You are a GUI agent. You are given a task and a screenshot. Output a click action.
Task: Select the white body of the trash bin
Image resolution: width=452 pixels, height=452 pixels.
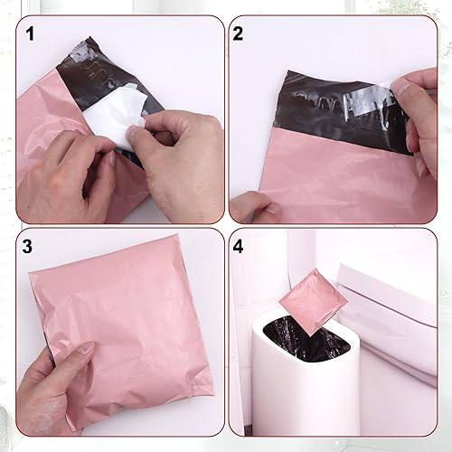coord(307,398)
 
